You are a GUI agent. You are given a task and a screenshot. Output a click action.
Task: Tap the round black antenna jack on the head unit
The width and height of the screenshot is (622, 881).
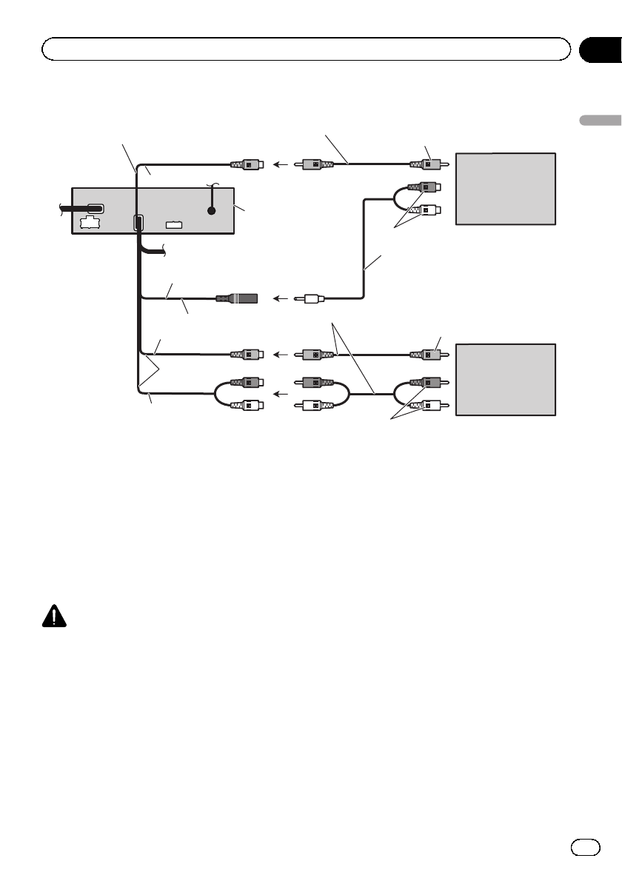click(x=212, y=210)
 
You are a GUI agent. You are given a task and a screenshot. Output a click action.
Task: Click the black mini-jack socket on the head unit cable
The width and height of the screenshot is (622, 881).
click(x=238, y=299)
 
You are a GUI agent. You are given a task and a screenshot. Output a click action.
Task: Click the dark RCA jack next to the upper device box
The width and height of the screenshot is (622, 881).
click(x=427, y=188)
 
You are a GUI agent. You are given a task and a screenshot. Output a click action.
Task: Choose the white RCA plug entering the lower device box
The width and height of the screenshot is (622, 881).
click(x=427, y=405)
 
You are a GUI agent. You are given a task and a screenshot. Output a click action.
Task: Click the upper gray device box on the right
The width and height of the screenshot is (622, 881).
click(x=505, y=189)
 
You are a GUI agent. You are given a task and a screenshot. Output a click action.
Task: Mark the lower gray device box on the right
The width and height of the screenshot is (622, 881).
click(x=505, y=379)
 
